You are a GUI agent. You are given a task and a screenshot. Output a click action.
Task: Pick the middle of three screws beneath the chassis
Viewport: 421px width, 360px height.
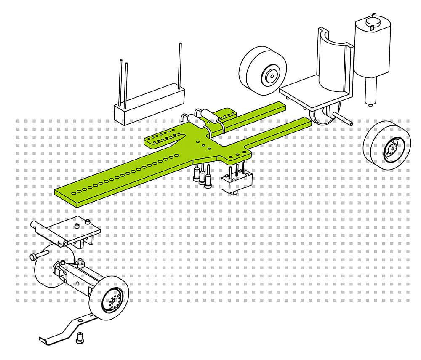click(203, 175)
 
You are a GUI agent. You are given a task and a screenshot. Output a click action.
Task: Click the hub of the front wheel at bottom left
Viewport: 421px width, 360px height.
click(113, 299)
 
